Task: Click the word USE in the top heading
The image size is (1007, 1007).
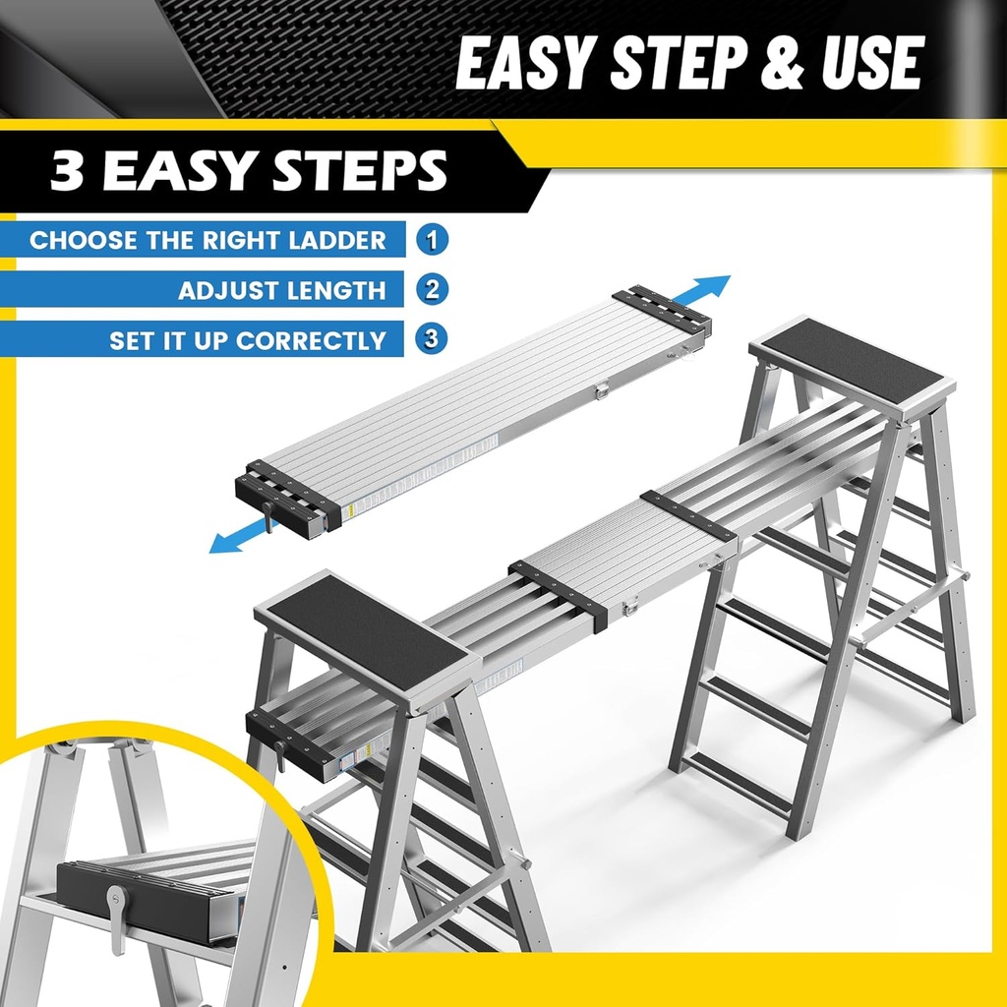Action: pos(873,63)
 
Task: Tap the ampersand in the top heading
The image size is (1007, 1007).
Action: pos(782,63)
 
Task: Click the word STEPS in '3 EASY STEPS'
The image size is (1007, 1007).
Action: pos(360,170)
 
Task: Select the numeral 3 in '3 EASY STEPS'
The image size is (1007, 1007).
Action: pos(67,170)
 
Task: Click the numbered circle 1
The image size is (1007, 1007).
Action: pos(432,240)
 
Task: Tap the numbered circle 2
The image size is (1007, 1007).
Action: pos(432,290)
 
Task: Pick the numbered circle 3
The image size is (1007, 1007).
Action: pos(431,339)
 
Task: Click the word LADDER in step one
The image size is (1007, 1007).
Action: pos(337,240)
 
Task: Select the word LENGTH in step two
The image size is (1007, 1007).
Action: pos(335,290)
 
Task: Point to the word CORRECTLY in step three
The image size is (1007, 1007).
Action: pos(311,340)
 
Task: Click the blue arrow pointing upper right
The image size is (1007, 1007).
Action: pos(701,290)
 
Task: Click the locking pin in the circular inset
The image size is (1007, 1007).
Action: pos(117,918)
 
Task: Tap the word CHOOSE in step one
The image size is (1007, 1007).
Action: pos(84,240)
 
